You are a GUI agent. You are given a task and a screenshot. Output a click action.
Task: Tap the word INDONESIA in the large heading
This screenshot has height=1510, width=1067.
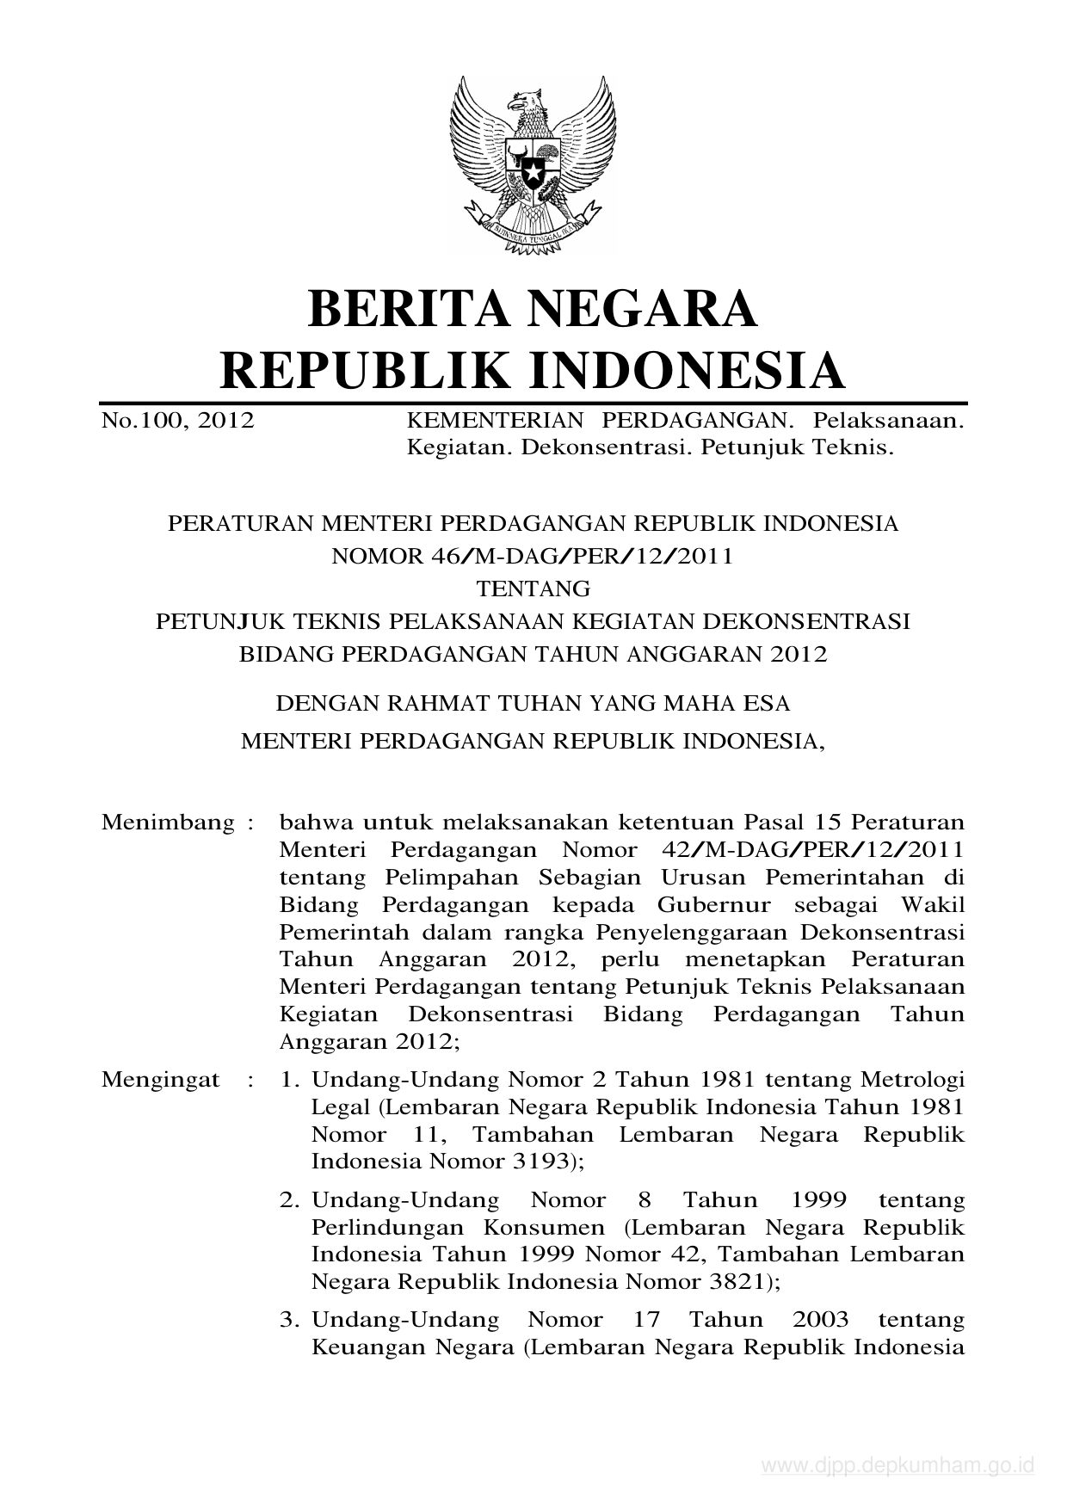686,370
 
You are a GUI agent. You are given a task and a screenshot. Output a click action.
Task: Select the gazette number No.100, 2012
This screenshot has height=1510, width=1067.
177,421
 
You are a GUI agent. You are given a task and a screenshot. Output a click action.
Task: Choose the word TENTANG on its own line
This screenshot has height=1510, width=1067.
533,589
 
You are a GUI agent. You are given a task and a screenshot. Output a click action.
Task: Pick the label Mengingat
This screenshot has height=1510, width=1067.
161,1079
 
